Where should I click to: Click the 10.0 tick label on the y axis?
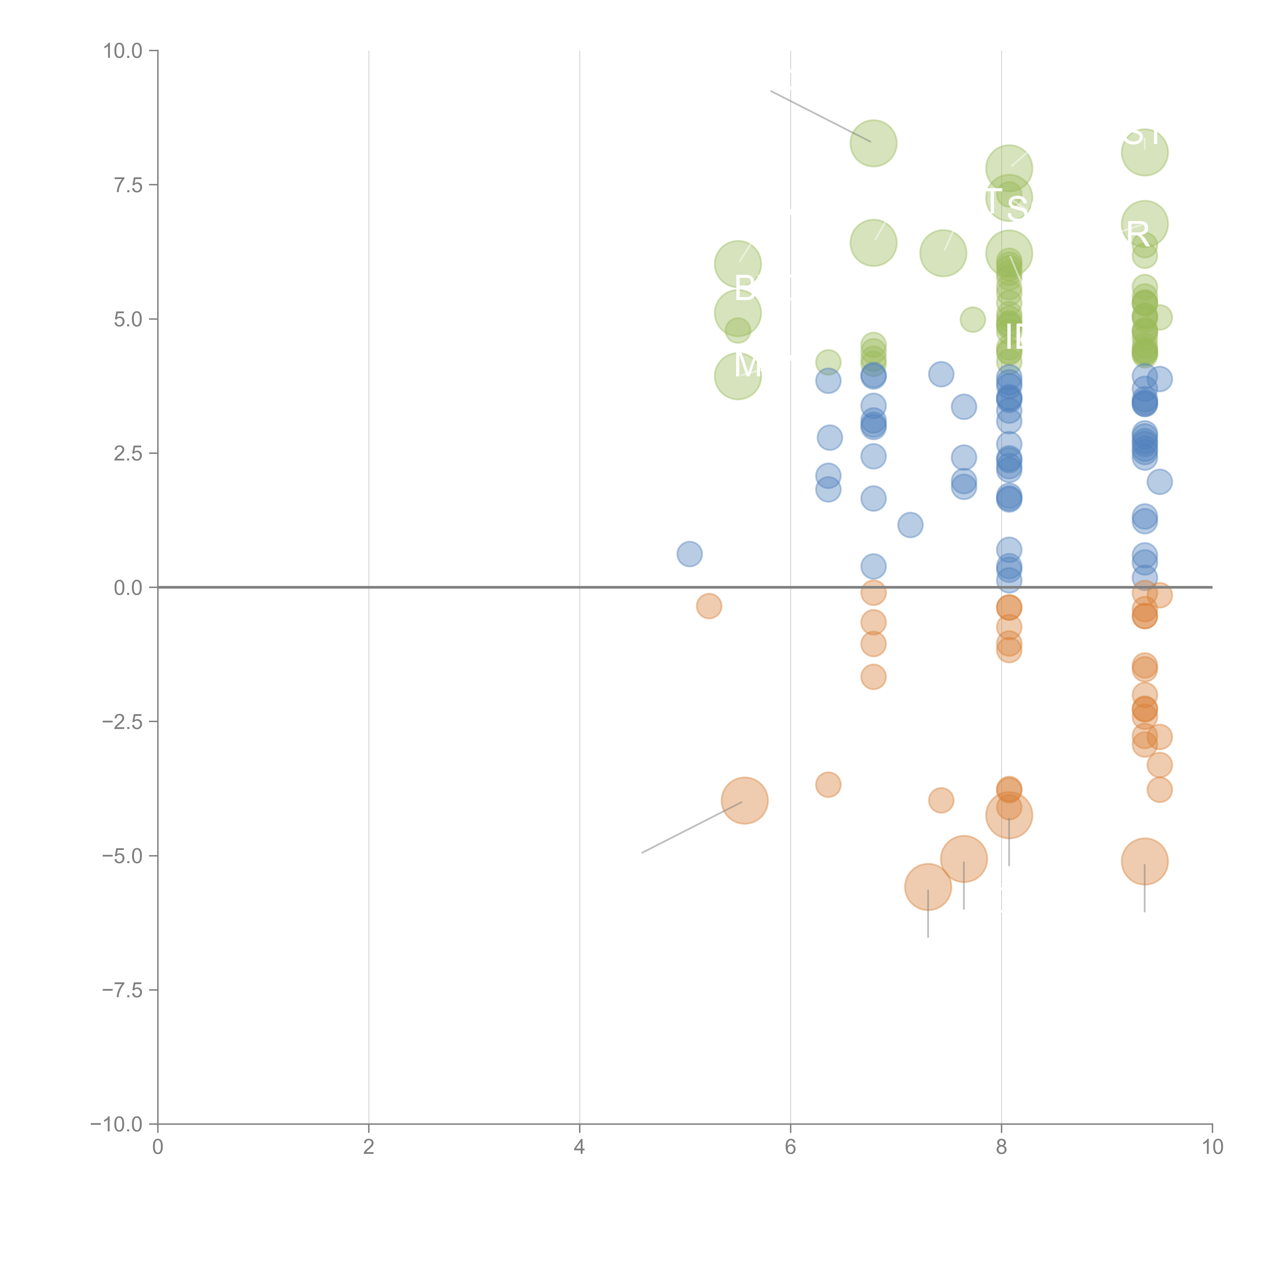pyautogui.click(x=123, y=51)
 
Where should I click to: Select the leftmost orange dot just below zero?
pyautogui.click(x=709, y=606)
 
